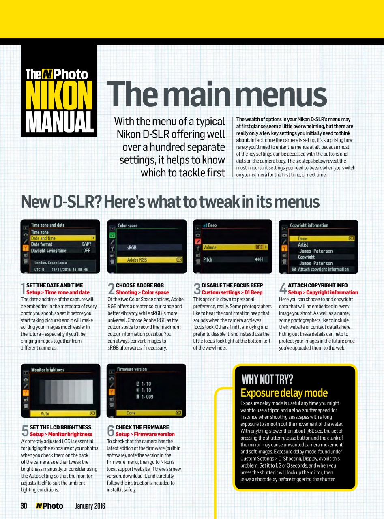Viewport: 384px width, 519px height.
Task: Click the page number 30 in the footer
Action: (24, 506)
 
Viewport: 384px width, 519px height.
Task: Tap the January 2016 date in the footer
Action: (90, 506)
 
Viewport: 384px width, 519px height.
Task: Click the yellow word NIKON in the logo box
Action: (59, 95)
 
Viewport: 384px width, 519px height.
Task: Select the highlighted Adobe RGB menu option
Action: (150, 260)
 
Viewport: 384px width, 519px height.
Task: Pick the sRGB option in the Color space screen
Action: (150, 247)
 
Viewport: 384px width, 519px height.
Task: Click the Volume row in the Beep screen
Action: (235, 247)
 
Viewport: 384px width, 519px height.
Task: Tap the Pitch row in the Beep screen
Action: (235, 259)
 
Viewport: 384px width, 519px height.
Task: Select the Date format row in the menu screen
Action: (63, 244)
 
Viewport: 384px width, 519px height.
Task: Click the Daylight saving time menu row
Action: (63, 250)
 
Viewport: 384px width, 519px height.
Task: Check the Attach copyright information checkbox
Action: (294, 269)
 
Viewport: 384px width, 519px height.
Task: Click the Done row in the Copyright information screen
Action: (322, 238)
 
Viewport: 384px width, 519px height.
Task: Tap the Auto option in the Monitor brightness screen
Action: (63, 414)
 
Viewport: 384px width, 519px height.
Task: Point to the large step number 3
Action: (197, 289)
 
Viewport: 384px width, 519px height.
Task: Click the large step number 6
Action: (111, 431)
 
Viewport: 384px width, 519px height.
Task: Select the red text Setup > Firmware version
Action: (145, 434)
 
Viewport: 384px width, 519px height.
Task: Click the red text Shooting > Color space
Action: (142, 292)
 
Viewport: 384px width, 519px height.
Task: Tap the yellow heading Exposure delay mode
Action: (284, 393)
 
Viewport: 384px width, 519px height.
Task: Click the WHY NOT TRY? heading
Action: (267, 379)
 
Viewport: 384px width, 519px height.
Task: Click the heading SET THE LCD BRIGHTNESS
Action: (60, 427)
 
